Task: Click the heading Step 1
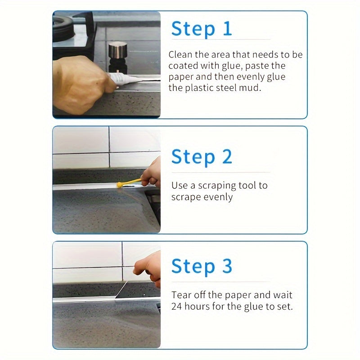click(202, 28)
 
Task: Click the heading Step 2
click(202, 157)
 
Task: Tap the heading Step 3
click(202, 266)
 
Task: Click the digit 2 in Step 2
click(226, 157)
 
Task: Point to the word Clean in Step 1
click(180, 55)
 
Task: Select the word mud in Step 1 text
click(250, 88)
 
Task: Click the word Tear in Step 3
click(181, 296)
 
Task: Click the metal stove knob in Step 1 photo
click(118, 51)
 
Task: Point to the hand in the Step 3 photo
click(148, 268)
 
